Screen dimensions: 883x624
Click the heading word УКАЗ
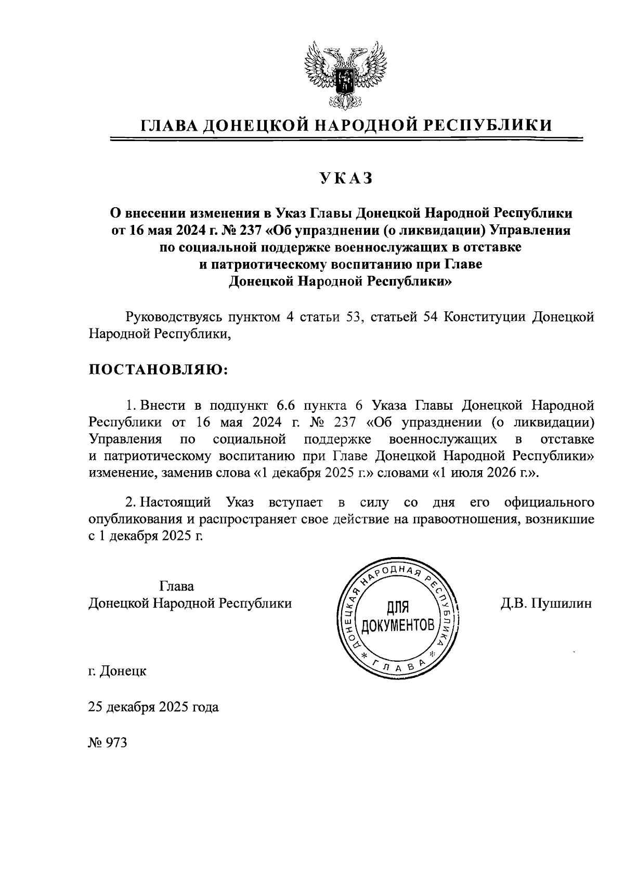[x=346, y=179]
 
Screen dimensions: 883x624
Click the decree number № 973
[x=108, y=742]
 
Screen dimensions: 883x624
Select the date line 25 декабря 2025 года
[x=153, y=707]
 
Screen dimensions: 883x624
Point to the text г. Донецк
[x=117, y=671]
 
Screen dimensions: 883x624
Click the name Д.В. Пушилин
[x=546, y=603]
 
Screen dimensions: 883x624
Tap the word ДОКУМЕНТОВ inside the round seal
[x=399, y=625]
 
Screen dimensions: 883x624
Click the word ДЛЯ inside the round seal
[x=399, y=607]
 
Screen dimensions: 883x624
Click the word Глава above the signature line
[x=177, y=586]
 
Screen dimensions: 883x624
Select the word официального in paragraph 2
[x=550, y=502]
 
